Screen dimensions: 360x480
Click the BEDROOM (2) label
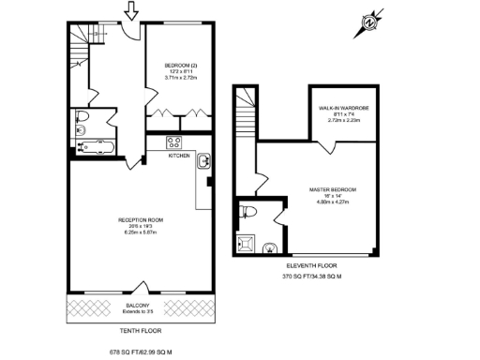177,65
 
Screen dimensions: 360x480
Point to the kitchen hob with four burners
173,142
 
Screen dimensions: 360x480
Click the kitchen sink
203,163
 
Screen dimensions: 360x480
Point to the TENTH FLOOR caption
140,331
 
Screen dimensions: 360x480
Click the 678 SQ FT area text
141,350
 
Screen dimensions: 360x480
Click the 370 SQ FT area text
312,277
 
